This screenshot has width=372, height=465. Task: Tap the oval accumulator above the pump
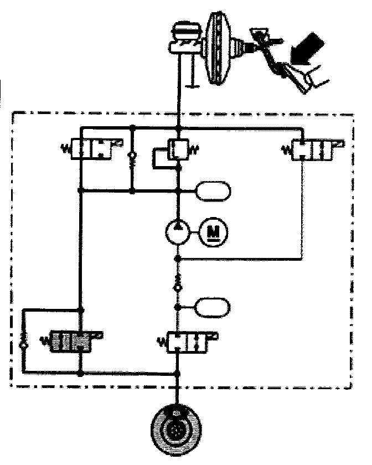213,192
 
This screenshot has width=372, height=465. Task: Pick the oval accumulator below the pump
213,306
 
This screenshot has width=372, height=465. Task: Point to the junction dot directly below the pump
178,259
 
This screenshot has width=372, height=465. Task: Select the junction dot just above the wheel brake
178,374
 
